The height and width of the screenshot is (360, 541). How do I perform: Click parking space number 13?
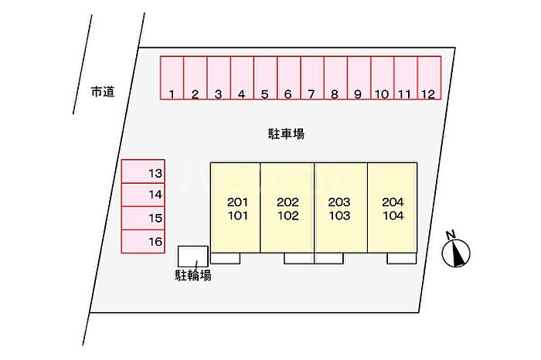coord(144,172)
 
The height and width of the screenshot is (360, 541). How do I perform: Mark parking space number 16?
coord(144,242)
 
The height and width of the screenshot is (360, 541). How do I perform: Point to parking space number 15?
coord(144,219)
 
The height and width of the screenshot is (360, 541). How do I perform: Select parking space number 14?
coord(144,195)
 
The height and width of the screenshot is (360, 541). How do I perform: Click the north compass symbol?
coord(457,250)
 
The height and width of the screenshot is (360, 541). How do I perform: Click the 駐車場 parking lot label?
coord(281,134)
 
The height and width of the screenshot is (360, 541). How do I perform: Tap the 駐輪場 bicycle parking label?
coord(193,275)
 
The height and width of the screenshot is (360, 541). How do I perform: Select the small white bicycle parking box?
coord(193,256)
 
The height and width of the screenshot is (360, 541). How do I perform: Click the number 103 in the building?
coord(339,216)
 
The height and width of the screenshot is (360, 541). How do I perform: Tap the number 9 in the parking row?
coord(358,95)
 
